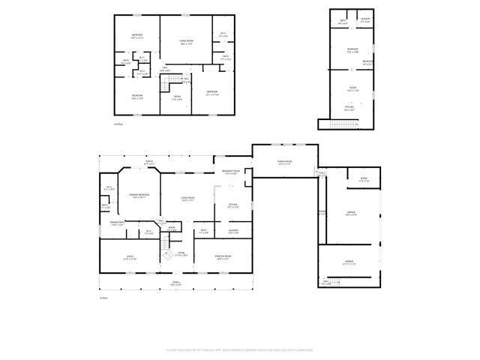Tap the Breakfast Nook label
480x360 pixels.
click(x=231, y=172)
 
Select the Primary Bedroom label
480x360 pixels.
click(x=139, y=196)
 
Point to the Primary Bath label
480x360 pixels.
click(x=117, y=223)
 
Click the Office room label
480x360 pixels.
click(x=130, y=257)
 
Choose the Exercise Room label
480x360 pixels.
click(x=223, y=257)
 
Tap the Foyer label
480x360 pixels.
click(x=181, y=253)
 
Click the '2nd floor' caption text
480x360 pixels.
click(x=118, y=123)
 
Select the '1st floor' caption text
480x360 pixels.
click(x=104, y=298)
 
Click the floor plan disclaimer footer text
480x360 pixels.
click(x=239, y=350)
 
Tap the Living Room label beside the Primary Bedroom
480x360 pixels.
click(x=187, y=199)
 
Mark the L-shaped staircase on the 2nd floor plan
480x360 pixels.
click(x=173, y=80)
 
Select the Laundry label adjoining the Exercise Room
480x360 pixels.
click(x=233, y=231)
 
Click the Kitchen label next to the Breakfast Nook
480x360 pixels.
click(x=232, y=205)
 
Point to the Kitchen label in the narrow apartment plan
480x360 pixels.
click(x=349, y=109)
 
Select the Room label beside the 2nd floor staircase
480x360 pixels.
click(x=177, y=98)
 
